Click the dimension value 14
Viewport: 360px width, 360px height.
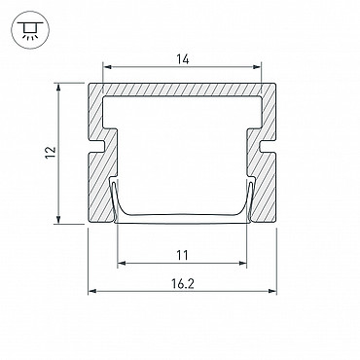183,59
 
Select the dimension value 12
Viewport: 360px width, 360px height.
51,152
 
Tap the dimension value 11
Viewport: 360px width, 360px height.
182,255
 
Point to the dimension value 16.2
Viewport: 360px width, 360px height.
183,284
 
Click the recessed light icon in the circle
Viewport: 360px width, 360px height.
30,30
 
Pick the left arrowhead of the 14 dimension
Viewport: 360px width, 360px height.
107,67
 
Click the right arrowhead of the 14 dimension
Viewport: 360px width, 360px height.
257,67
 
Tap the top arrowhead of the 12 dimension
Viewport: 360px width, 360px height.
58,88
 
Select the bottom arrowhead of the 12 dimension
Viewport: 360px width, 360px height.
58,219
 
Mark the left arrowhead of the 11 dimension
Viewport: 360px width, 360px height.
122,263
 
